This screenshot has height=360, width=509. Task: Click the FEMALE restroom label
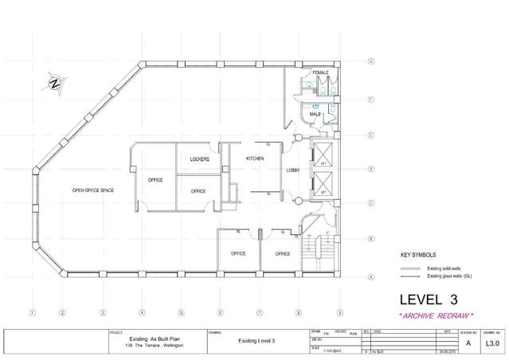(320, 72)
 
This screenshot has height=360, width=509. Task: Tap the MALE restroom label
(315, 115)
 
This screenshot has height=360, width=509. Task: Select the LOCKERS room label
(199, 159)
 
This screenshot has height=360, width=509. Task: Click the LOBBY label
(292, 170)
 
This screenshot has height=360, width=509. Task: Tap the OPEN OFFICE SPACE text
(93, 190)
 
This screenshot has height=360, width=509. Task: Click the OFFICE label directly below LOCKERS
(198, 191)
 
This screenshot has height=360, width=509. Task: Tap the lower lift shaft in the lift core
(324, 187)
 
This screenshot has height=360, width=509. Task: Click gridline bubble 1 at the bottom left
(33, 311)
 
